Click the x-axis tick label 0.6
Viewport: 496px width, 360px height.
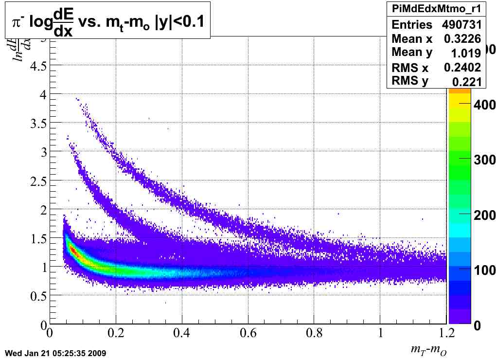248,335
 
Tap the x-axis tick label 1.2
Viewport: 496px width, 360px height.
446,335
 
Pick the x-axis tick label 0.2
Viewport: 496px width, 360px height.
115,335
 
